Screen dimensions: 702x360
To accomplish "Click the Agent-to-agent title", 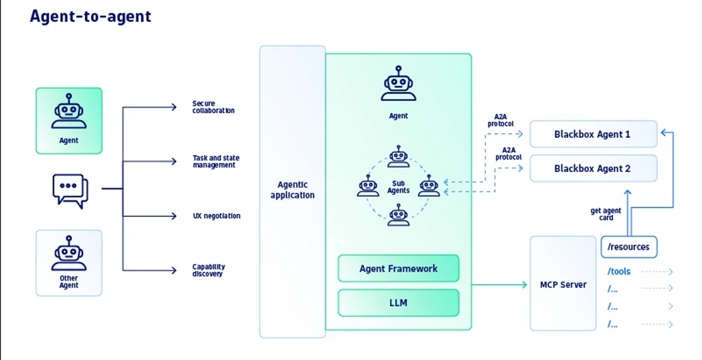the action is (90, 16).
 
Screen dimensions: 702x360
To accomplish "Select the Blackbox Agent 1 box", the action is (593, 134).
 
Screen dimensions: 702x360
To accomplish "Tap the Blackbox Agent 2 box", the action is (593, 169).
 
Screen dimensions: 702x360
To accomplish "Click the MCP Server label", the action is (564, 285).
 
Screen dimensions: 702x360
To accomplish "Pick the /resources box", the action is (629, 247).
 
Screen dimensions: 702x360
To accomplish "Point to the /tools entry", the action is (619, 272).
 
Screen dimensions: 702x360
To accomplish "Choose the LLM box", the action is (398, 302).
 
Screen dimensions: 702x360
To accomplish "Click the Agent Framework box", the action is (398, 268).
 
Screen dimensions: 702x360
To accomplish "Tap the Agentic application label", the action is (292, 190).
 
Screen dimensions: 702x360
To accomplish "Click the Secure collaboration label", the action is (213, 107).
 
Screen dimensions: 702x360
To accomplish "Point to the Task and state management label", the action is (216, 161).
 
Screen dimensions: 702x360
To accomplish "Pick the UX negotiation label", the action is (216, 216).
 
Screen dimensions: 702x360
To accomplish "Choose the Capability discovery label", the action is (208, 270).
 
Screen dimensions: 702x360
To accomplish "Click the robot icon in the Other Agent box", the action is (69, 253).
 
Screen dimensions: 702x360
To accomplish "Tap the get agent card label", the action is (606, 214).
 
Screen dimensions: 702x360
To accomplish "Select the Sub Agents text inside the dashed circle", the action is (398, 187).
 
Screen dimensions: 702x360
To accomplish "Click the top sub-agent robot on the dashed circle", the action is (398, 156).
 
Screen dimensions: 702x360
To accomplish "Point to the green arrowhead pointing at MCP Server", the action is (524, 285).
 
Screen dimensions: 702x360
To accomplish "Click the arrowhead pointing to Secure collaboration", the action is (173, 107).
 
